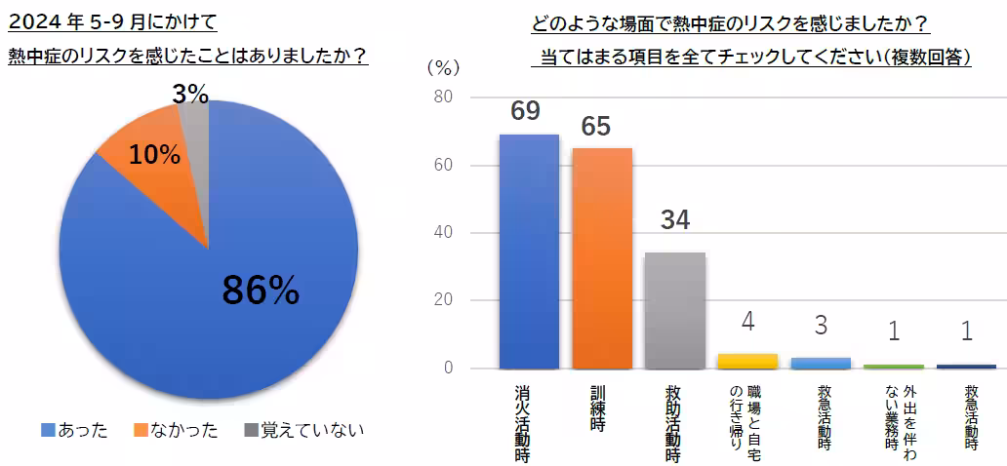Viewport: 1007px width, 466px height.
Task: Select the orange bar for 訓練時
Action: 602,257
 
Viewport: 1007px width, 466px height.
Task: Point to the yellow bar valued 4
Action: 747,361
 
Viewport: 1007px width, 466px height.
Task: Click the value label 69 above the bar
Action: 525,111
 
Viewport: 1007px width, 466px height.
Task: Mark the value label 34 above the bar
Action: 674,219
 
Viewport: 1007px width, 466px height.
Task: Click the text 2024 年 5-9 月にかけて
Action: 113,19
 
